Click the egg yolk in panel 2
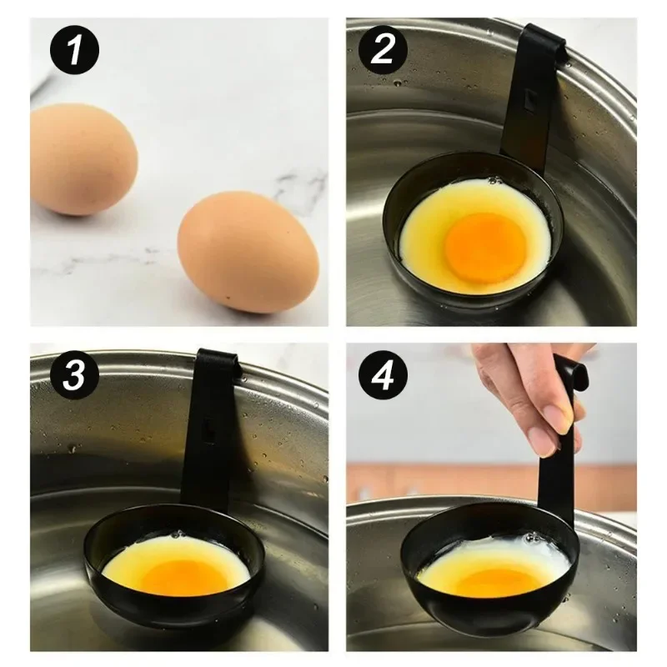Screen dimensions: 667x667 [484, 247]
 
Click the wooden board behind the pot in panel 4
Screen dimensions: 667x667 [417, 484]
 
